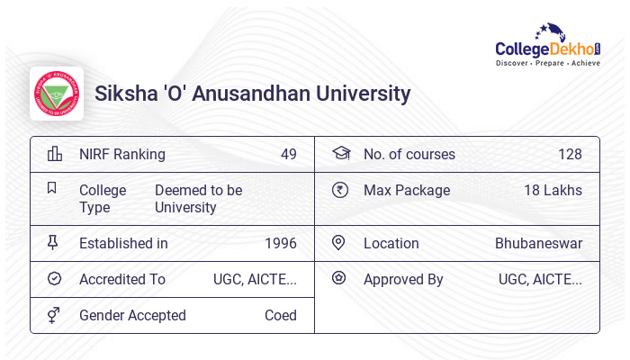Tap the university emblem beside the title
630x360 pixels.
pyautogui.click(x=56, y=94)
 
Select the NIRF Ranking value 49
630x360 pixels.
pyautogui.click(x=288, y=154)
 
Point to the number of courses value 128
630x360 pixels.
pyautogui.click(x=570, y=154)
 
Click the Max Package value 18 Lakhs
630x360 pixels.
pyautogui.click(x=553, y=190)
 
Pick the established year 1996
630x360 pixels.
pyautogui.click(x=280, y=243)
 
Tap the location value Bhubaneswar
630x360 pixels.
pyautogui.click(x=538, y=243)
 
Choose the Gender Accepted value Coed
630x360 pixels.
pyautogui.click(x=280, y=315)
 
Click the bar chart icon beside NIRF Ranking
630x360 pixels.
pyautogui.click(x=54, y=154)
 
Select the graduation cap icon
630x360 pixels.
pyautogui.click(x=340, y=153)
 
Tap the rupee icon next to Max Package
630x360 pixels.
pyautogui.click(x=339, y=190)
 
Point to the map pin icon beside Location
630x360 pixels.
pyautogui.click(x=338, y=243)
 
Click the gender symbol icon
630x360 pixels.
pyautogui.click(x=54, y=315)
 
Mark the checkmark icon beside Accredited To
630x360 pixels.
pyautogui.click(x=54, y=279)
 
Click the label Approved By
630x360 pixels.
pyautogui.click(x=403, y=279)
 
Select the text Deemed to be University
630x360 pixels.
pyautogui.click(x=198, y=199)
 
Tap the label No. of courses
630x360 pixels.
pyautogui.click(x=409, y=154)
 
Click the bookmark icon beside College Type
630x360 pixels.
pyautogui.click(x=52, y=189)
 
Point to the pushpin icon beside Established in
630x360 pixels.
pyautogui.click(x=53, y=243)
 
